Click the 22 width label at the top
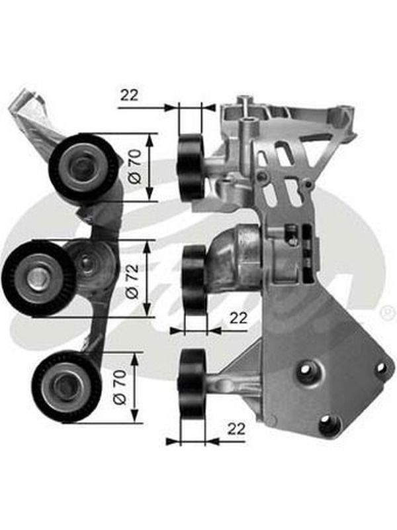pyautogui.click(x=130, y=95)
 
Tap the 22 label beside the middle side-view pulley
pyautogui.click(x=238, y=318)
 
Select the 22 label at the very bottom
pyautogui.click(x=236, y=429)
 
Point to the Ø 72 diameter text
pyautogui.click(x=132, y=281)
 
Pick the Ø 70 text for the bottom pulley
pyautogui.click(x=120, y=387)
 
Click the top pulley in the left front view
pyautogui.click(x=83, y=167)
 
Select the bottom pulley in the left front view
pyautogui.click(x=66, y=386)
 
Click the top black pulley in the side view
pyautogui.click(x=191, y=167)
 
